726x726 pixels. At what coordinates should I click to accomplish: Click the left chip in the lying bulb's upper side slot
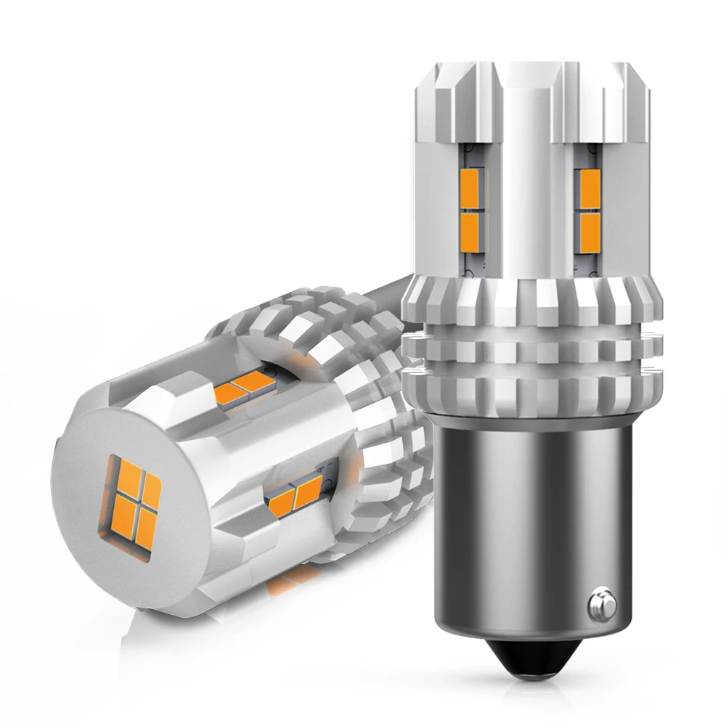tap(234, 390)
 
